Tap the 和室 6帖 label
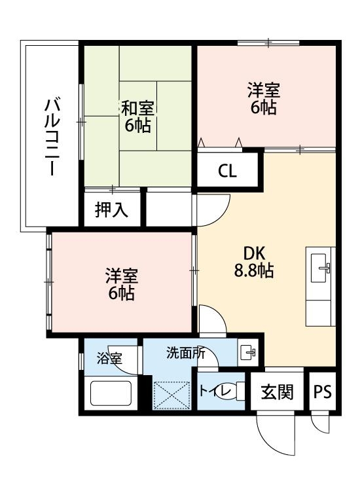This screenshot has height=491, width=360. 137,116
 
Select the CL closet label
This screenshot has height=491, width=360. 227,172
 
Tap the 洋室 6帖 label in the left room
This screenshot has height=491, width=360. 121,285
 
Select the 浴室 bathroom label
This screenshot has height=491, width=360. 109,358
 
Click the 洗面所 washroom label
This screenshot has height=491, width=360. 185,353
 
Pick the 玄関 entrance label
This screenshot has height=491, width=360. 277,392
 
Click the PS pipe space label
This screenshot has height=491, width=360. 321,392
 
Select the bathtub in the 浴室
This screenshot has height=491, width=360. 111,394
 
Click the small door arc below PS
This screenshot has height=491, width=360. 320,424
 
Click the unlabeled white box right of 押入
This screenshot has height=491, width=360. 169,208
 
